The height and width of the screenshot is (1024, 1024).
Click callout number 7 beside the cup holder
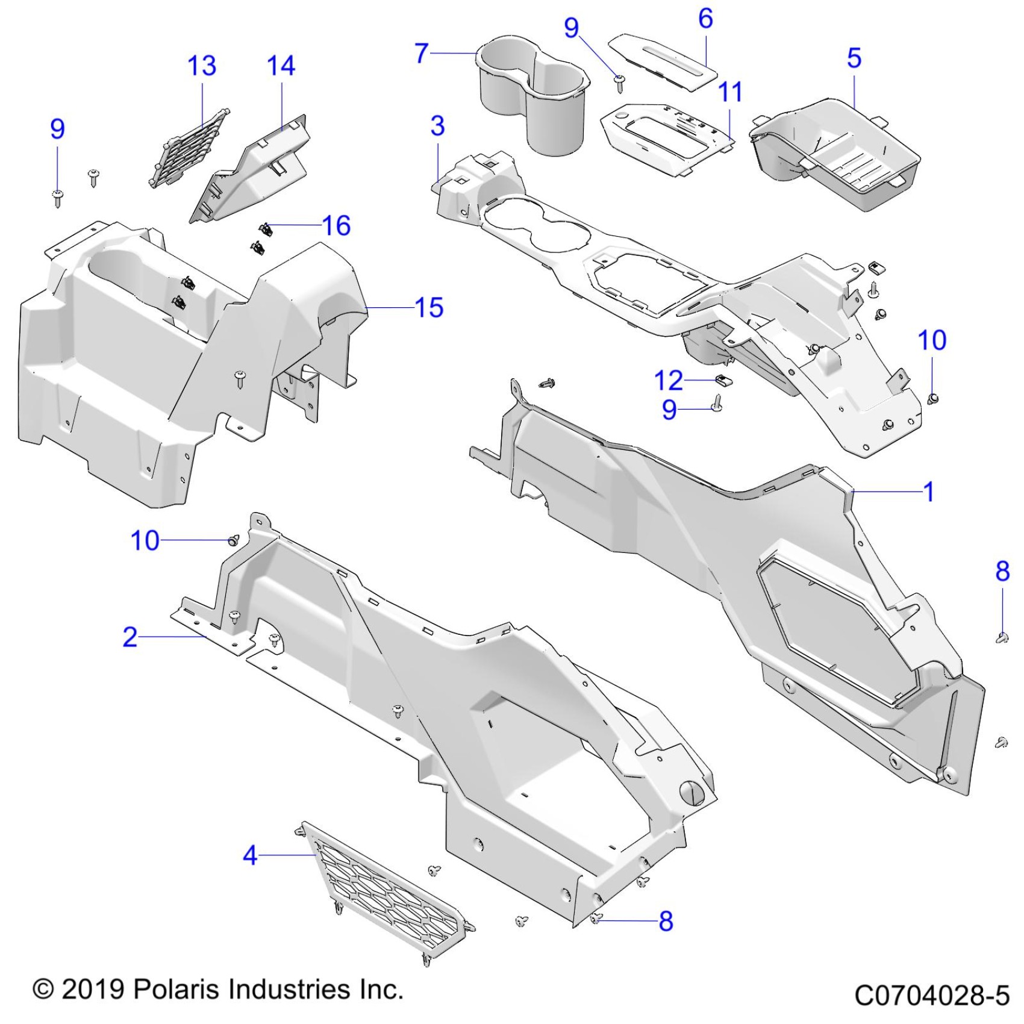pos(422,53)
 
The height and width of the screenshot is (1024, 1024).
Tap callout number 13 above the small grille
pos(202,66)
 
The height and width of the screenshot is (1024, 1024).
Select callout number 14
pos(281,66)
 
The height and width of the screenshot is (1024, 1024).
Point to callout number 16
pos(336,226)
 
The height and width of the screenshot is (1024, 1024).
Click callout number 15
pos(429,308)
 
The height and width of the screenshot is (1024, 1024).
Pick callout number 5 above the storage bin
pos(854,58)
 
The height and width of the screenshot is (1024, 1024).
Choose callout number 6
pos(705,19)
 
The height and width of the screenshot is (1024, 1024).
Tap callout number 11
pos(730,92)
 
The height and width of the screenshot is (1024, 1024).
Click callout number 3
pos(438,126)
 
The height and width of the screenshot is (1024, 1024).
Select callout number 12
pos(669,381)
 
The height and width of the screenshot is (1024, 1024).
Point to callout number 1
pos(929,492)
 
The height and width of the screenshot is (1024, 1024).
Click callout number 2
pos(130,637)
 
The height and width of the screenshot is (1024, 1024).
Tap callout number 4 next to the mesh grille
pos(250,855)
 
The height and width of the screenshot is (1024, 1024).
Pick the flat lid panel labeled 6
pos(663,60)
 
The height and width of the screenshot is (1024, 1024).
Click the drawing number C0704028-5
pos(931,995)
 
